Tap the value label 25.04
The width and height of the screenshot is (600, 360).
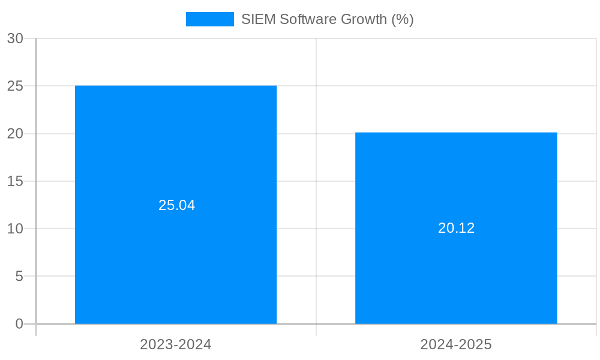(176, 205)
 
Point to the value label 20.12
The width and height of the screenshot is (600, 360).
(456, 228)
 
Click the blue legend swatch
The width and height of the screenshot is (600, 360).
(209, 19)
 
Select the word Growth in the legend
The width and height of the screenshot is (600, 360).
(364, 19)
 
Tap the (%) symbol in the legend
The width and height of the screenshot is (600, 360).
(403, 19)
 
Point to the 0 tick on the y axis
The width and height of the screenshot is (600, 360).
(19, 324)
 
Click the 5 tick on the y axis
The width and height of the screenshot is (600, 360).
(19, 277)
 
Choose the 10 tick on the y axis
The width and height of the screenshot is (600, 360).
(15, 229)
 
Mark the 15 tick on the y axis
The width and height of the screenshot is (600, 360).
(15, 181)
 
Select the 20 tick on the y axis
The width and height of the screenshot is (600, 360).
(15, 134)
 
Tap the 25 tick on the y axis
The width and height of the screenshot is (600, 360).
(15, 86)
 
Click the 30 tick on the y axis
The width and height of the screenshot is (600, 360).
(15, 38)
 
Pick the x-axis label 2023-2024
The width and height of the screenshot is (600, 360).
(176, 344)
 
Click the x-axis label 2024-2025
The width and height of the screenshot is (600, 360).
(456, 344)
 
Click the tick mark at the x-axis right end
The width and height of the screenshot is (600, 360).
(596, 330)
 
